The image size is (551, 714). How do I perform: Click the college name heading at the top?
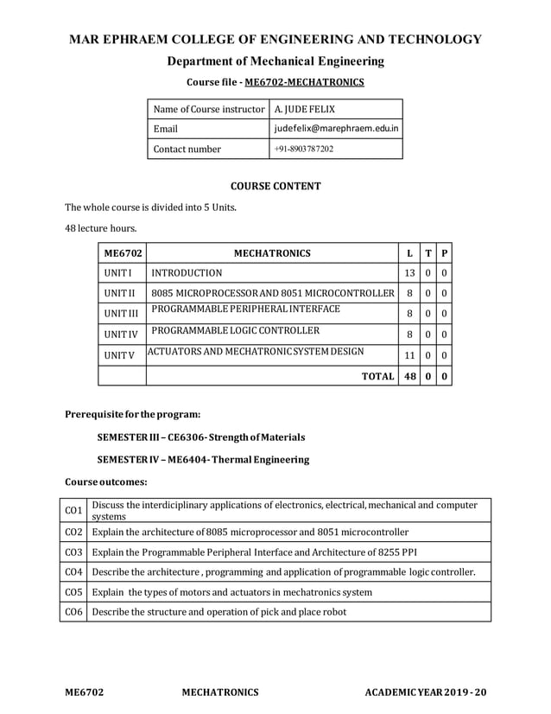point(275,40)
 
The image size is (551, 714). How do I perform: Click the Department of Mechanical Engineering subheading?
point(275,61)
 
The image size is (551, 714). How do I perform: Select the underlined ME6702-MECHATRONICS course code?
point(305,83)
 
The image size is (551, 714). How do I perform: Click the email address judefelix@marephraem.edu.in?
point(336,129)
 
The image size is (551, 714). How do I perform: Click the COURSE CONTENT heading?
point(275,186)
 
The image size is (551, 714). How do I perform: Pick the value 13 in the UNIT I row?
point(408,273)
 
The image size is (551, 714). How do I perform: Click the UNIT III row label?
point(121,313)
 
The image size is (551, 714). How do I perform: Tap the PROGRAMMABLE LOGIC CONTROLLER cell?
point(236,330)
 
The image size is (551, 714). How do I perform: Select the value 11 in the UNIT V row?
point(408,354)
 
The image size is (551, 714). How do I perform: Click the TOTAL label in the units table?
point(377,376)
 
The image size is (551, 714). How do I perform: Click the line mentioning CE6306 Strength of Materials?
point(200,437)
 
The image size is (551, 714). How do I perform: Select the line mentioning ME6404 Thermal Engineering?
point(203,459)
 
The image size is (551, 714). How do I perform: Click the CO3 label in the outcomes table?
point(73,551)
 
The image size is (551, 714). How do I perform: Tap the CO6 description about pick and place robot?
point(218,612)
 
